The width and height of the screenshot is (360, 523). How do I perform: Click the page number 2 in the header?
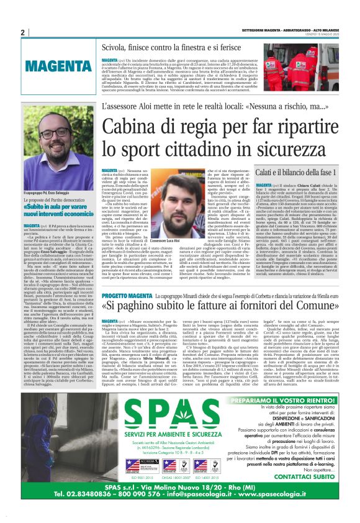click(22, 32)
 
